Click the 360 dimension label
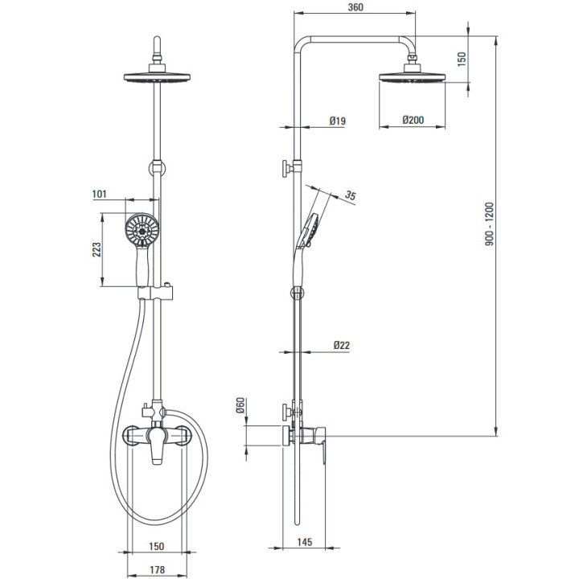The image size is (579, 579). click(355, 7)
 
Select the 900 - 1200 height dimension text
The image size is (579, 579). click(489, 224)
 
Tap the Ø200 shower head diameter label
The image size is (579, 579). click(413, 120)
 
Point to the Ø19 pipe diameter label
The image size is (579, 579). click(337, 121)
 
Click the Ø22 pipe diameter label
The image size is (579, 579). click(341, 345)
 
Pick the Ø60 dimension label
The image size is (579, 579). click(240, 405)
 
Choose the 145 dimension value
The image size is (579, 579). click(305, 542)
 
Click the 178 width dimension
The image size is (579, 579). click(158, 570)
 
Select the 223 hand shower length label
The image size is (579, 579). click(96, 249)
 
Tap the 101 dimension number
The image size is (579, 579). click(100, 194)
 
